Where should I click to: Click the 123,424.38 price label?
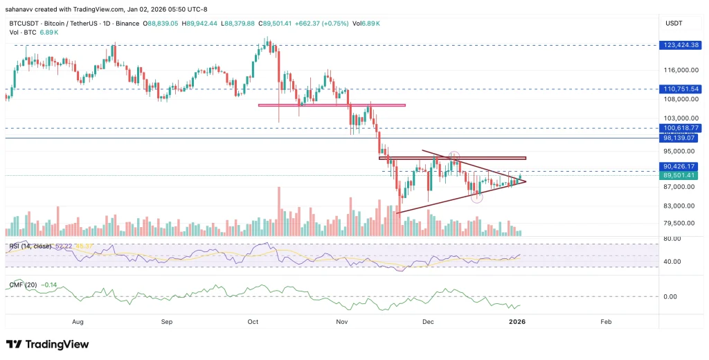pyautogui.click(x=681, y=45)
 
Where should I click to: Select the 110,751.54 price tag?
pyautogui.click(x=681, y=89)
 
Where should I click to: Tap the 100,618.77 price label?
pyautogui.click(x=681, y=128)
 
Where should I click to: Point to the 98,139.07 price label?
pyautogui.click(x=681, y=138)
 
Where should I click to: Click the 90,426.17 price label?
pyautogui.click(x=681, y=166)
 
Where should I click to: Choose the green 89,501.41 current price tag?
pyautogui.click(x=681, y=176)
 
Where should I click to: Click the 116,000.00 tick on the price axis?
pyautogui.click(x=681, y=70)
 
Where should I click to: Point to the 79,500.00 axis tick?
pyautogui.click(x=680, y=223)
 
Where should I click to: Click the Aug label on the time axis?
pyautogui.click(x=78, y=322)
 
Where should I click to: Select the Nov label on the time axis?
pyautogui.click(x=341, y=322)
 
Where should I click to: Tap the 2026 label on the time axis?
pyautogui.click(x=519, y=322)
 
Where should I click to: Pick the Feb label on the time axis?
pyautogui.click(x=606, y=322)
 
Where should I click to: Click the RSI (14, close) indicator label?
pyautogui.click(x=30, y=246)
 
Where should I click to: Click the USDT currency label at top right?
pyautogui.click(x=674, y=24)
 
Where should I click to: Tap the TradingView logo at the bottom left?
pyautogui.click(x=47, y=344)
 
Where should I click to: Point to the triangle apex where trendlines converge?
pyautogui.click(x=526, y=181)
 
